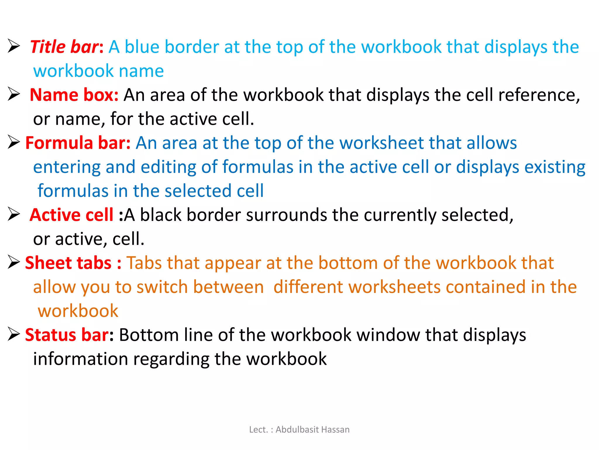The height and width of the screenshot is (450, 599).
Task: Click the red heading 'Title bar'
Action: (x=64, y=47)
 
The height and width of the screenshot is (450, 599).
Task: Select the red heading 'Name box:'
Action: (x=74, y=95)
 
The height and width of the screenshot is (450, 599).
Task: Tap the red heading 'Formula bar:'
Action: (x=78, y=143)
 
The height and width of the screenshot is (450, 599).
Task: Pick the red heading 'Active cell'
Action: (x=71, y=215)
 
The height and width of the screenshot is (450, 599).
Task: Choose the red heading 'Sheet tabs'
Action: (x=68, y=263)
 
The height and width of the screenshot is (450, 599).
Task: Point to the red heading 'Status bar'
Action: (x=67, y=335)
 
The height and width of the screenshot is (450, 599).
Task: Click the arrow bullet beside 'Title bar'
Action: (x=14, y=46)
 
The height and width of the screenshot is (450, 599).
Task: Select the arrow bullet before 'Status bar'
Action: (x=14, y=334)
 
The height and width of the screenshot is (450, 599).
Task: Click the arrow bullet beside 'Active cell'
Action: (x=14, y=214)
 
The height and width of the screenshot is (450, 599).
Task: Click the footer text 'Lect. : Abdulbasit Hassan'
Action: (x=299, y=429)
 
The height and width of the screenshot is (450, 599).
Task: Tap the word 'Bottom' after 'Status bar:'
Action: (x=149, y=335)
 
